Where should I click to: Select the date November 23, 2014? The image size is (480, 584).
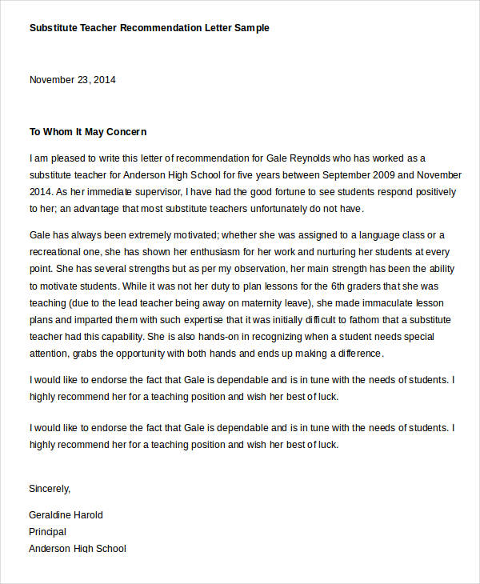point(73,80)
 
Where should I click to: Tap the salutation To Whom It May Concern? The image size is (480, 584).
point(88,132)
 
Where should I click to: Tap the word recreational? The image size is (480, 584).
point(58,252)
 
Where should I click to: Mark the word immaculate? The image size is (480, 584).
point(396,304)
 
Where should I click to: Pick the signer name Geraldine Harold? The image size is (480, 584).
point(66,515)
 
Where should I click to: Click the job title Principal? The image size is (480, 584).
point(47,532)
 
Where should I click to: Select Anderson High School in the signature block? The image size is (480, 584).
point(78,549)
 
